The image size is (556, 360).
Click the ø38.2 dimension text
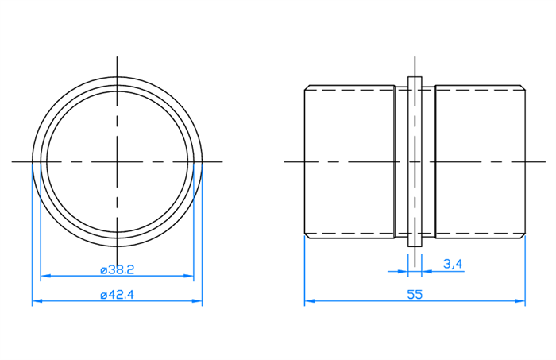click(118, 270)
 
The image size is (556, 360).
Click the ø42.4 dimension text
click(118, 295)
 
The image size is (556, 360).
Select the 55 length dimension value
click(415, 295)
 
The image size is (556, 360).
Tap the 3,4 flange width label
click(453, 264)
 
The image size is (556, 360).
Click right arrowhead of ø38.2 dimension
click(189, 276)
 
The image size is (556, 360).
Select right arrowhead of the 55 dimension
click(520, 300)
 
